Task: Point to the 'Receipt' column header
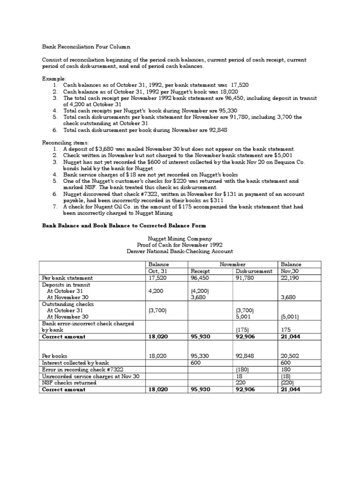[200, 271]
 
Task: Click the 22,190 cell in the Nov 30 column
[290, 278]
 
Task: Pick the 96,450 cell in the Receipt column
[200, 278]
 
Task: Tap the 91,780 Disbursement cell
[244, 278]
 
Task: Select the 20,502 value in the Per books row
[290, 356]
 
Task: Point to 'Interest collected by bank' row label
[75, 363]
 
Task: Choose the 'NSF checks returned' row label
[69, 382]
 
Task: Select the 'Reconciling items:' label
[65, 142]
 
